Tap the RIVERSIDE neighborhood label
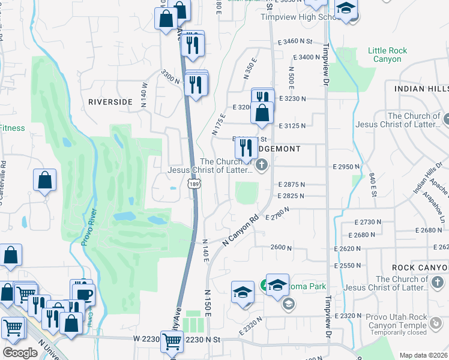coord(110,102)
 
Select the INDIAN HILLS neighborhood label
coord(421,88)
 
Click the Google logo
coord(20,353)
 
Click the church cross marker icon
coord(261,164)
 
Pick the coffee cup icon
coord(84,294)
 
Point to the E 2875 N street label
coord(291,185)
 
